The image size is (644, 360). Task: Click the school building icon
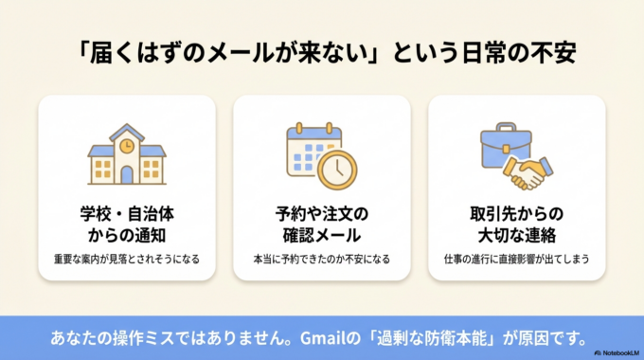(127, 155)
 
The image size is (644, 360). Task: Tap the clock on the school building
(127, 146)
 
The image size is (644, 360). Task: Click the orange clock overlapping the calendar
(336, 169)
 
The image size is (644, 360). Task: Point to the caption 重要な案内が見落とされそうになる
(127, 259)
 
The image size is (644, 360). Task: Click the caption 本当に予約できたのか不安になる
(322, 259)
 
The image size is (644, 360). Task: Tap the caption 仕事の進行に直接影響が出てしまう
(516, 259)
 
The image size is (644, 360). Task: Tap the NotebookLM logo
(617, 352)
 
